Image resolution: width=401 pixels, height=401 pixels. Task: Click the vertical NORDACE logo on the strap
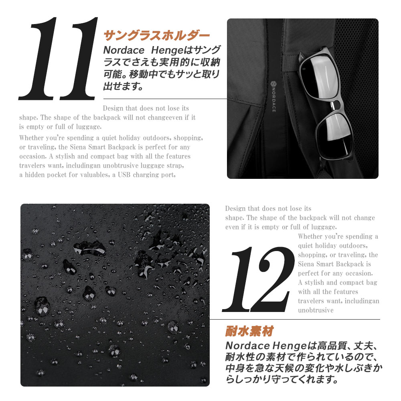coord(273,96)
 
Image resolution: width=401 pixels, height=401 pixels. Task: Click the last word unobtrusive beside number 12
coord(316,310)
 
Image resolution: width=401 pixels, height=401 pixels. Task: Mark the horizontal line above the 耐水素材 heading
coord(295,319)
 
